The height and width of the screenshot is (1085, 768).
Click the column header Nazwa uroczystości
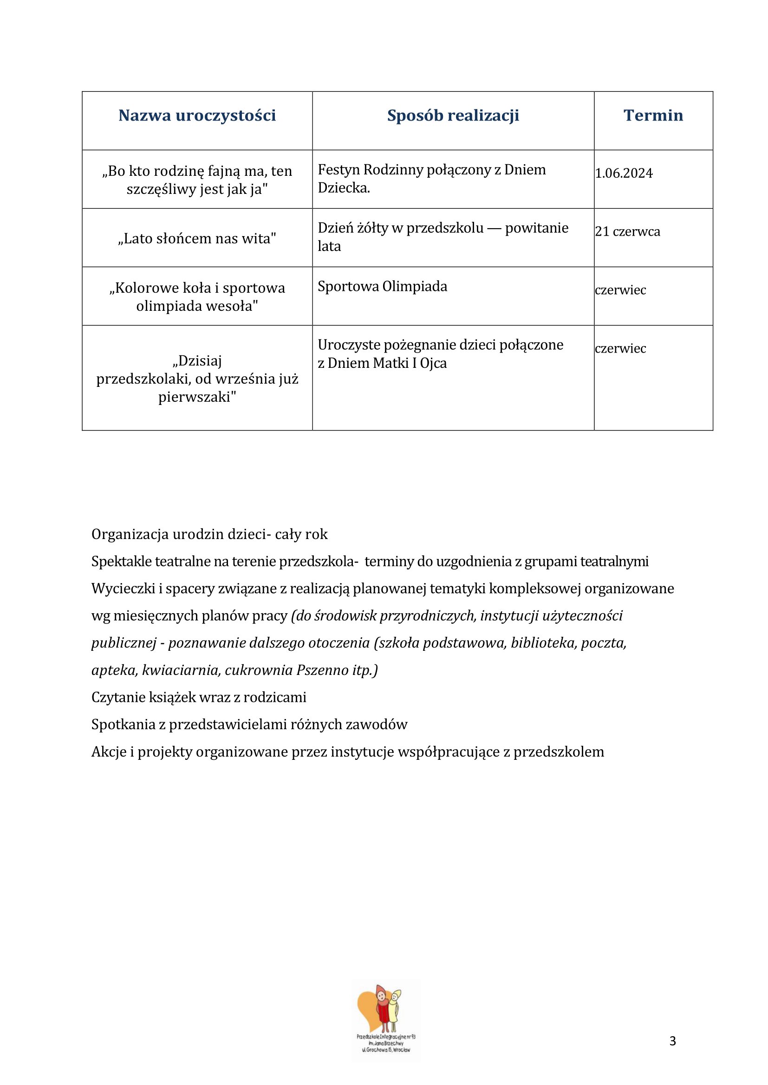197,116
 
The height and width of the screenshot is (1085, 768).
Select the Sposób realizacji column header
453,116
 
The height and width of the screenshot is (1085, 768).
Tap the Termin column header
653,116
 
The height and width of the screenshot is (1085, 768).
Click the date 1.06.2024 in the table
624,173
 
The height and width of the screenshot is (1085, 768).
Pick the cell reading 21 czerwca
628,231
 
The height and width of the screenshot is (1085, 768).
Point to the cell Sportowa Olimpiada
382,286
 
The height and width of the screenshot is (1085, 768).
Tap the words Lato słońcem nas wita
197,238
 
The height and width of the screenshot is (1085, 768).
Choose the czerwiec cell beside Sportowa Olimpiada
620,290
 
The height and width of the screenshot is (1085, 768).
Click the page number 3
672,1040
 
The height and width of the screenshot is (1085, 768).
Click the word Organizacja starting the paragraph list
130,534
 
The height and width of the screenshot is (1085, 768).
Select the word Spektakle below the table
122,561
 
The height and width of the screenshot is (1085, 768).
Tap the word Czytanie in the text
118,697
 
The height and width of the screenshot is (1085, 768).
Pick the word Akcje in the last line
109,751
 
